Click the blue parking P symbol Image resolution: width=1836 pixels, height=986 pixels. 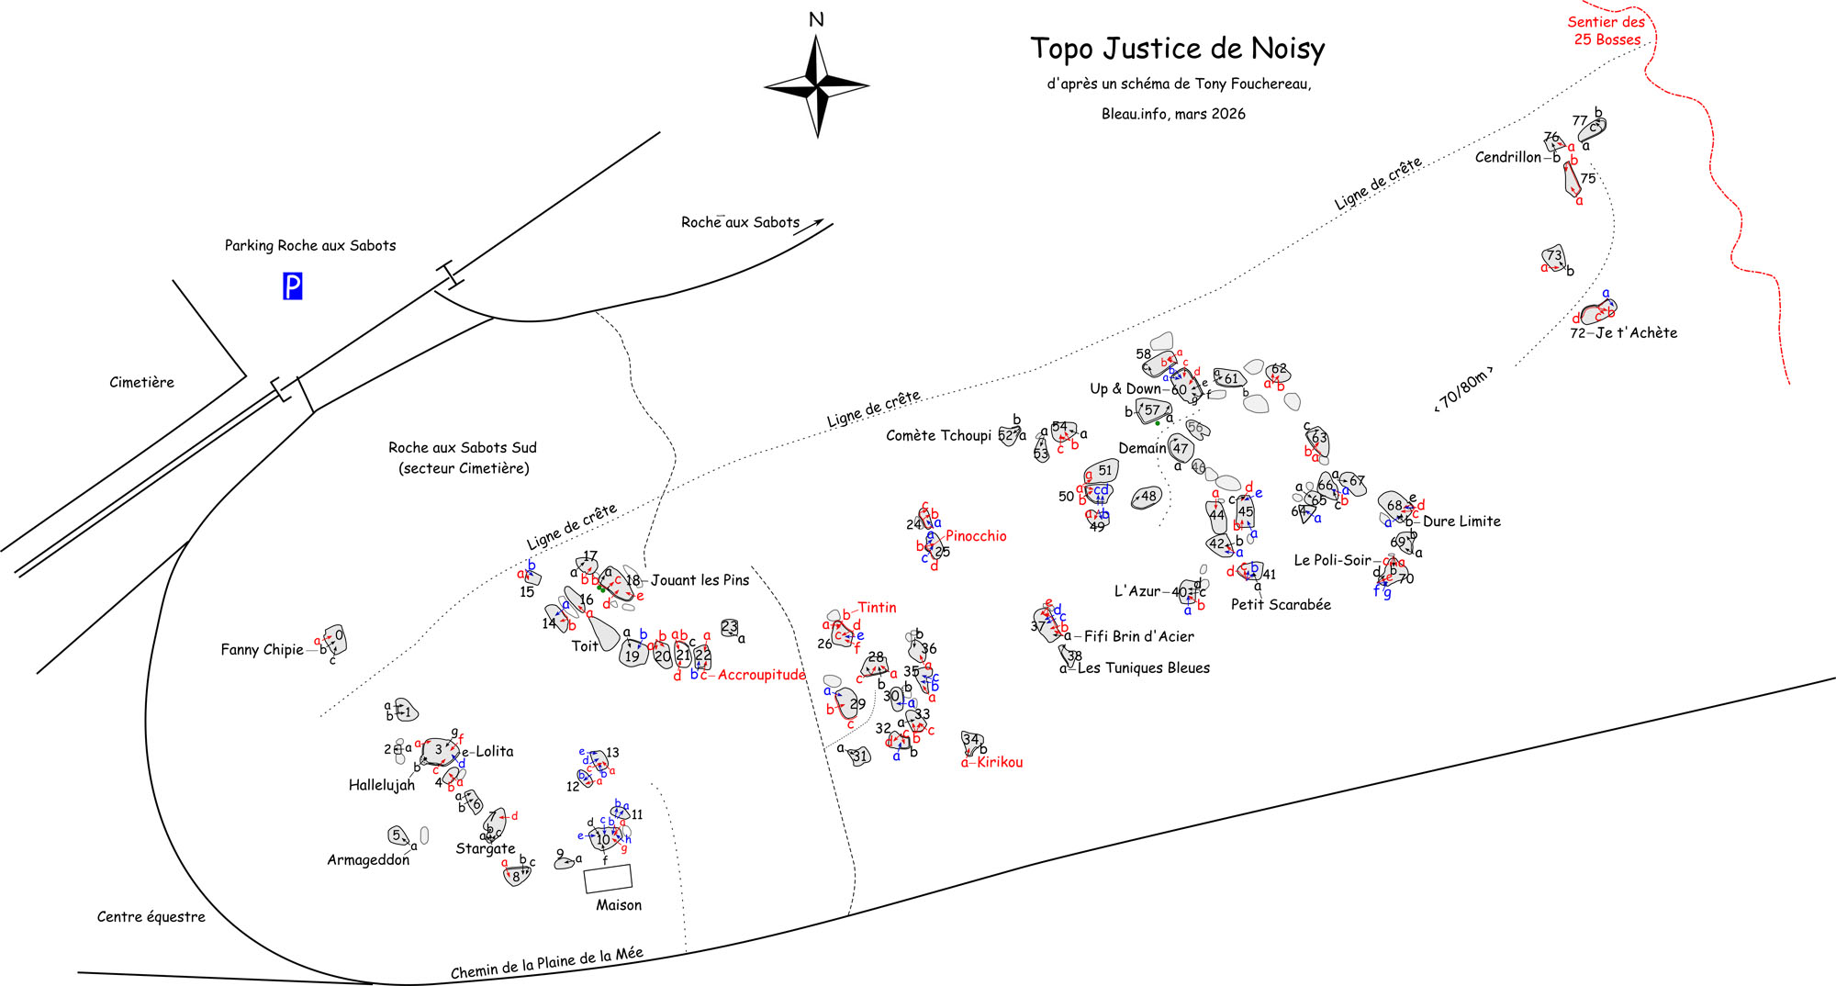pos(292,286)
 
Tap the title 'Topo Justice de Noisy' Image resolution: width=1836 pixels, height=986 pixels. pos(1177,49)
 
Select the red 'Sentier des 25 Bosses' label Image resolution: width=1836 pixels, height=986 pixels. pos(1606,30)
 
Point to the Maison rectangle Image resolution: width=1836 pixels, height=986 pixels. pos(608,879)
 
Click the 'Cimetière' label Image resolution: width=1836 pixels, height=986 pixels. pos(141,382)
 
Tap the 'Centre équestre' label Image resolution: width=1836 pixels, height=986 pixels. pos(151,916)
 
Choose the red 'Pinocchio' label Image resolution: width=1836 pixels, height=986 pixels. pos(976,536)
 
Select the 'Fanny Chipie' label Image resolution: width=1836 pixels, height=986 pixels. pos(262,649)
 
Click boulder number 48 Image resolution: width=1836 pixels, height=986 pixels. pos(1147,497)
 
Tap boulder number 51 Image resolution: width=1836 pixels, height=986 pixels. pos(1103,471)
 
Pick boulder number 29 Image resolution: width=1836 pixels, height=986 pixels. pos(851,703)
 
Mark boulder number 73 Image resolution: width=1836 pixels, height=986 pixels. pos(1553,257)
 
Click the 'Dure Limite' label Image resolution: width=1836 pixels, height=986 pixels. pos(1461,521)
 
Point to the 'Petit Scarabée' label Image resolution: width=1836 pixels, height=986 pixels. pos(1281,604)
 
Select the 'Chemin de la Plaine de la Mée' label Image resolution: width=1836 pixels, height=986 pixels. pos(547,962)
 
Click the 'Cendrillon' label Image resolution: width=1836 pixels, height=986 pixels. pos(1507,157)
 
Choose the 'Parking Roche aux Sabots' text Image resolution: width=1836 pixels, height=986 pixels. pos(310,245)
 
